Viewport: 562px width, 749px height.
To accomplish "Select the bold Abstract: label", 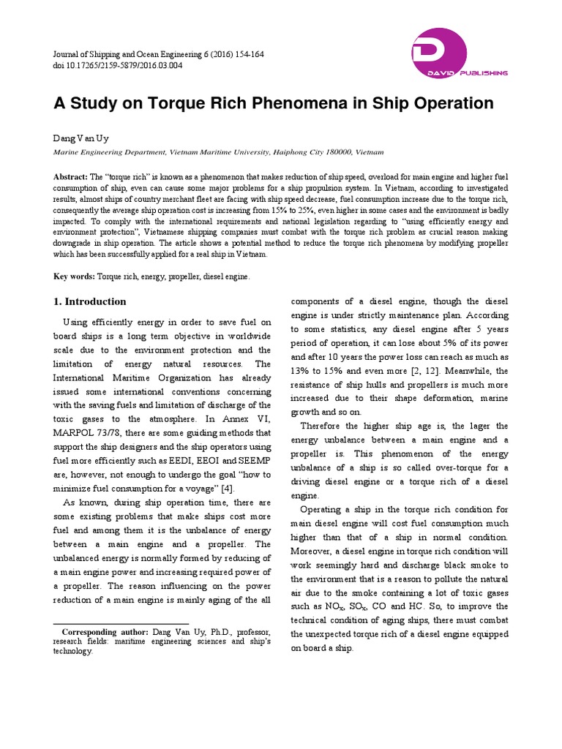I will (x=71, y=178).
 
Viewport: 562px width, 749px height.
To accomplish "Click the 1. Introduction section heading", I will (x=91, y=302).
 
